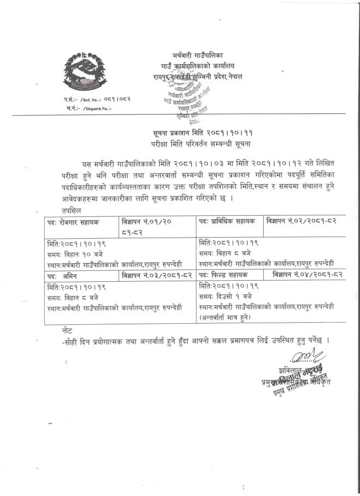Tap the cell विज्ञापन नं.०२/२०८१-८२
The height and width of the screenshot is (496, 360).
(304, 221)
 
